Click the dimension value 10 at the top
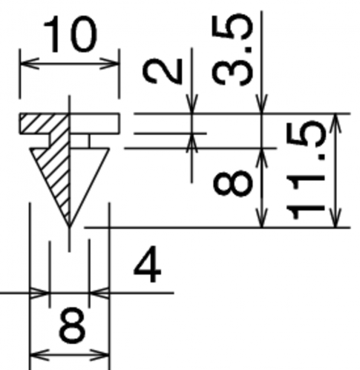[71, 34]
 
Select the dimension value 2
[163, 71]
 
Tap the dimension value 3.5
[232, 50]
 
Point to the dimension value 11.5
[305, 170]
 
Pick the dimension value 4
[148, 265]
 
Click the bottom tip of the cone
[70, 227]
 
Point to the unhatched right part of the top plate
[94, 124]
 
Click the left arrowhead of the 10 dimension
[30, 64]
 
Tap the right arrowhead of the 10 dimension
[110, 64]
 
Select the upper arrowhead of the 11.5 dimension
[336, 123]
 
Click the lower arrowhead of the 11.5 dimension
[336, 217]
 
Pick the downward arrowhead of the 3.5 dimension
[262, 104]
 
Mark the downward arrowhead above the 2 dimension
[192, 104]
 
